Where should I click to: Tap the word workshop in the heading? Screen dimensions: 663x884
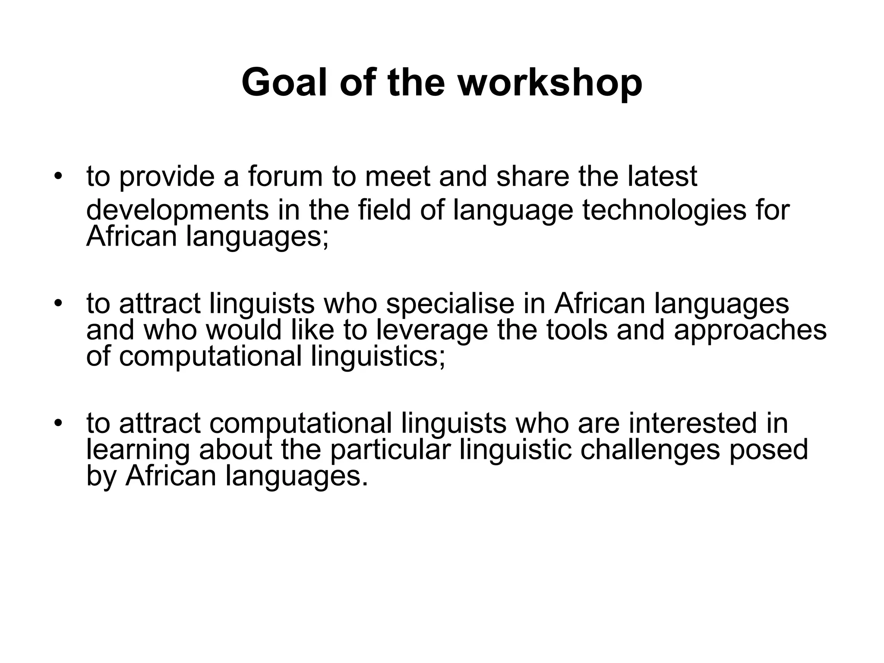(550, 83)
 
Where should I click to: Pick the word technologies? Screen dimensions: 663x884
(664, 211)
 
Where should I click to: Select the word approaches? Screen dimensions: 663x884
(750, 331)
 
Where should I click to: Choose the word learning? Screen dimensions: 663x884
(138, 450)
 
